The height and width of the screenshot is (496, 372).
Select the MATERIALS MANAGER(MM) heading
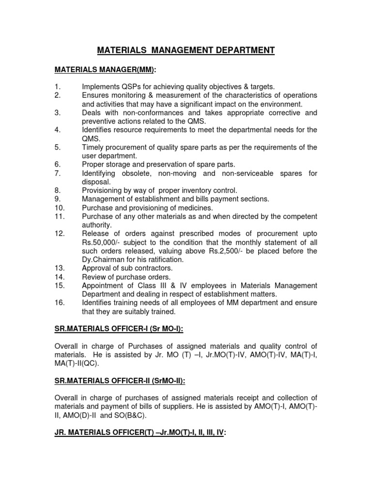pos(105,70)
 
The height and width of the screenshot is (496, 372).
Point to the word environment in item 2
pos(279,104)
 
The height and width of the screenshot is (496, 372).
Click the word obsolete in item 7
pos(134,173)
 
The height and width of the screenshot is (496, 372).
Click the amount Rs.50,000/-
pos(104,243)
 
